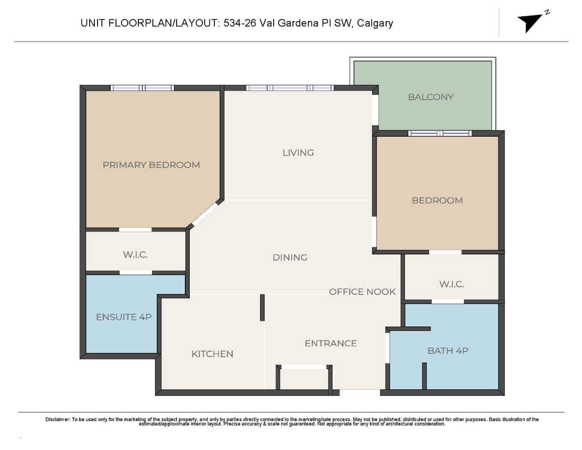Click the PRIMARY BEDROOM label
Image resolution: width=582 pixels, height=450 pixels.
pyautogui.click(x=151, y=165)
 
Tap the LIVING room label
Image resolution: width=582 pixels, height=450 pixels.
pyautogui.click(x=298, y=153)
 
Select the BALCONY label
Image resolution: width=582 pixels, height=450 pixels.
pyautogui.click(x=430, y=97)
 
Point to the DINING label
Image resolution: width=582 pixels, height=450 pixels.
pyautogui.click(x=290, y=258)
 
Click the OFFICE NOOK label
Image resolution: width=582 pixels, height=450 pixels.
pyautogui.click(x=362, y=292)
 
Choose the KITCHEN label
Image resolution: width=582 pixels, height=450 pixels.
pyautogui.click(x=212, y=354)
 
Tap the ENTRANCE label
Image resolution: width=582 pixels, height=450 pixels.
pyautogui.click(x=330, y=343)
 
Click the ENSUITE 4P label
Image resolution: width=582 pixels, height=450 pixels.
pyautogui.click(x=123, y=317)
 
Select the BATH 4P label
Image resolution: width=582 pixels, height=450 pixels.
pyautogui.click(x=448, y=351)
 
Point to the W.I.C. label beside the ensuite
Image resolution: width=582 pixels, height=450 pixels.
pyautogui.click(x=135, y=255)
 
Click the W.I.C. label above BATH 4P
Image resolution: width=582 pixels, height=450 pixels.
pyautogui.click(x=452, y=284)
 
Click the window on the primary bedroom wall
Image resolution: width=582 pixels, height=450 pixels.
pyautogui.click(x=142, y=88)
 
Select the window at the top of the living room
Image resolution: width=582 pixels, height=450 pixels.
pyautogui.click(x=290, y=88)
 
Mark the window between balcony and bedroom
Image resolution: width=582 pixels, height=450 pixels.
pyautogui.click(x=440, y=133)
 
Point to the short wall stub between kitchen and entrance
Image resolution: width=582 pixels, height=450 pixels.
pyautogui.click(x=262, y=308)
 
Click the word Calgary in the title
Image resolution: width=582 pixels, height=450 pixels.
pyautogui.click(x=375, y=23)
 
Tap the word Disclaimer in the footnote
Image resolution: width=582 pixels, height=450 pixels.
pyautogui.click(x=58, y=419)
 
